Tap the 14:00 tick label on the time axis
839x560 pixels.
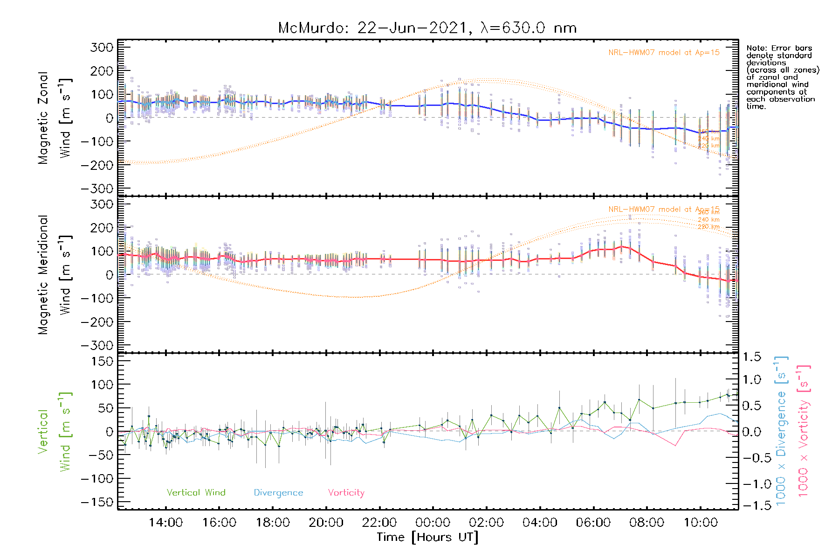point(166,523)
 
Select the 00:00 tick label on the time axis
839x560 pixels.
point(433,523)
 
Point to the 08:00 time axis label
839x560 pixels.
point(646,523)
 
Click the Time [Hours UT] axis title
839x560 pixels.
point(427,537)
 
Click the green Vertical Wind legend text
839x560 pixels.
point(196,493)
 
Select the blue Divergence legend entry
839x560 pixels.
point(278,493)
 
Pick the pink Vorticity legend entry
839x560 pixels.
point(346,493)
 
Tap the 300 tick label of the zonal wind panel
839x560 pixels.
point(102,47)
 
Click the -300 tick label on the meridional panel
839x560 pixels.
point(97,346)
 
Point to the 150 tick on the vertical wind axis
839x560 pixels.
point(102,361)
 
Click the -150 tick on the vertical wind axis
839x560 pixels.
point(97,503)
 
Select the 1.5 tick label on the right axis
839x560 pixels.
point(752,357)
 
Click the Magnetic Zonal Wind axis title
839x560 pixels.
point(55,118)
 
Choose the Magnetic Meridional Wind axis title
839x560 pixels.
point(55,275)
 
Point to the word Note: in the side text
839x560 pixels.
point(756,48)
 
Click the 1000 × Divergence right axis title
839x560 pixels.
point(781,431)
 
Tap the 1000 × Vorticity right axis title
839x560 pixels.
point(804,431)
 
